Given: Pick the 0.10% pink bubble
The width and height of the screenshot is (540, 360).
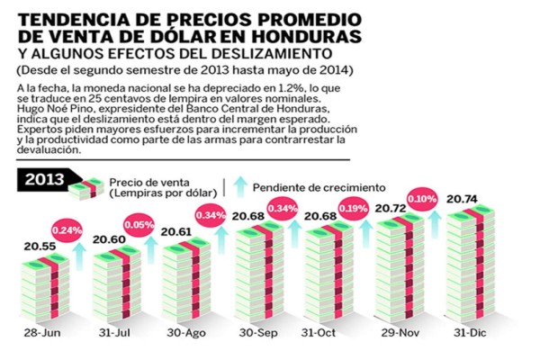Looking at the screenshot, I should [421, 198].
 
